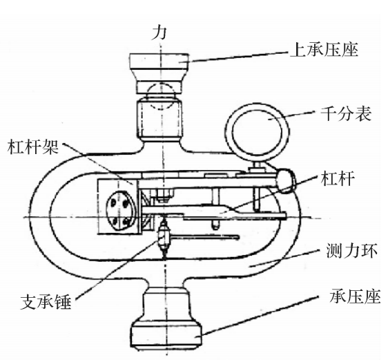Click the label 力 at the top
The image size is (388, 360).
[159, 33]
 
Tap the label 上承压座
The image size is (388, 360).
[324, 50]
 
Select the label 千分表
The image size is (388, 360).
[346, 113]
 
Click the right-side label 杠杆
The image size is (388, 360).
[338, 178]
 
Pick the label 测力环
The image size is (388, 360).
[352, 251]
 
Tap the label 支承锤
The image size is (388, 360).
[46, 301]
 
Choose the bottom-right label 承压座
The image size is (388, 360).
[355, 296]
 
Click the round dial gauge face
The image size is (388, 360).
[257, 132]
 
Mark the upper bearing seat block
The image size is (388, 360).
[159, 61]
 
